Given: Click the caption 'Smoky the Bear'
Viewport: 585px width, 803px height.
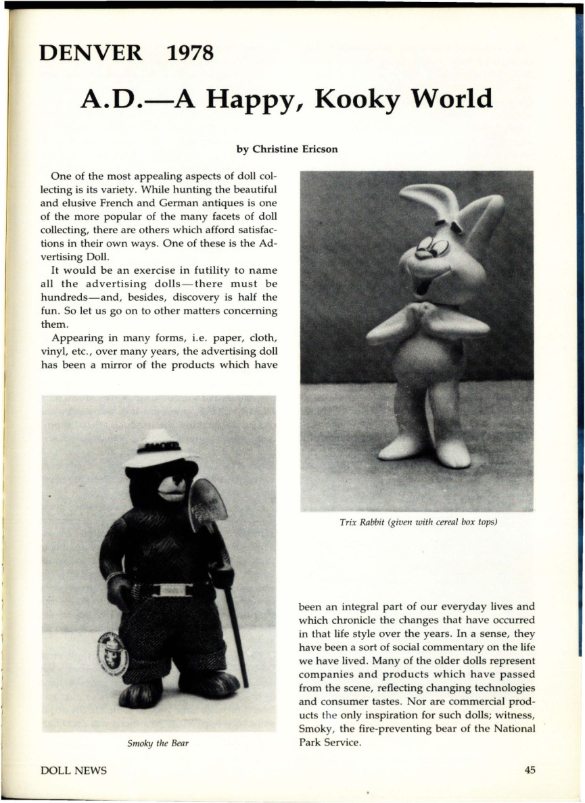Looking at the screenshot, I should tap(158, 744).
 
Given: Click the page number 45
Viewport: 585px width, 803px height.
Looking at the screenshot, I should tap(529, 771).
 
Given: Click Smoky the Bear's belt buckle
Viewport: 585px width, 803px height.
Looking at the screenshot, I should tap(172, 589).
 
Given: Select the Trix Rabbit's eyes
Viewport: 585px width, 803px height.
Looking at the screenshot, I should tap(433, 247).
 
